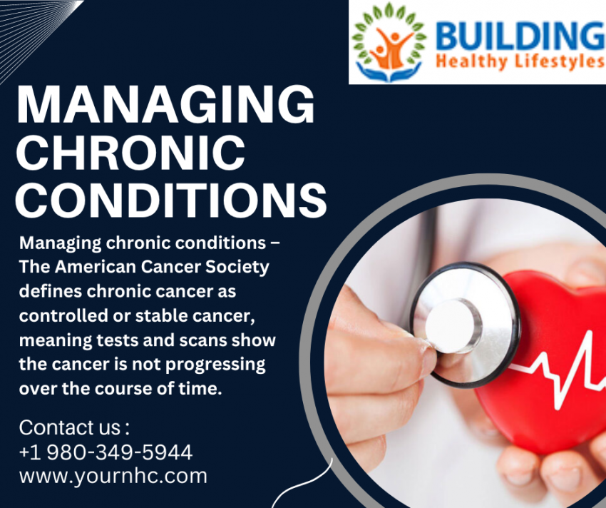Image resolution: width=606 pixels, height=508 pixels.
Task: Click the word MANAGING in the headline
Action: (x=166, y=104)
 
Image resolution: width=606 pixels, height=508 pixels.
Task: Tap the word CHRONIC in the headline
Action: (x=130, y=152)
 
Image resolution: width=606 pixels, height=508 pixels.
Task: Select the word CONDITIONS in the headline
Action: (x=171, y=200)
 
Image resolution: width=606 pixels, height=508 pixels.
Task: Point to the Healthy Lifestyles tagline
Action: (x=520, y=63)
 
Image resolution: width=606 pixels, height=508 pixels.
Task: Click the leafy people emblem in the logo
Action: (x=389, y=43)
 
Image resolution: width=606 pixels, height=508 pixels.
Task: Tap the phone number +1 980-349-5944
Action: (x=106, y=452)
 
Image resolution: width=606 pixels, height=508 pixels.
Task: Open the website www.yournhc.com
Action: (x=113, y=476)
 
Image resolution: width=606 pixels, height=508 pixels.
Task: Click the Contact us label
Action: (x=74, y=427)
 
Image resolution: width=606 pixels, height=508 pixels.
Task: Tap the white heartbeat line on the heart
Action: (x=557, y=370)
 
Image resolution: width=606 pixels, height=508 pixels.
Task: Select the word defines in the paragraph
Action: (x=51, y=291)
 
